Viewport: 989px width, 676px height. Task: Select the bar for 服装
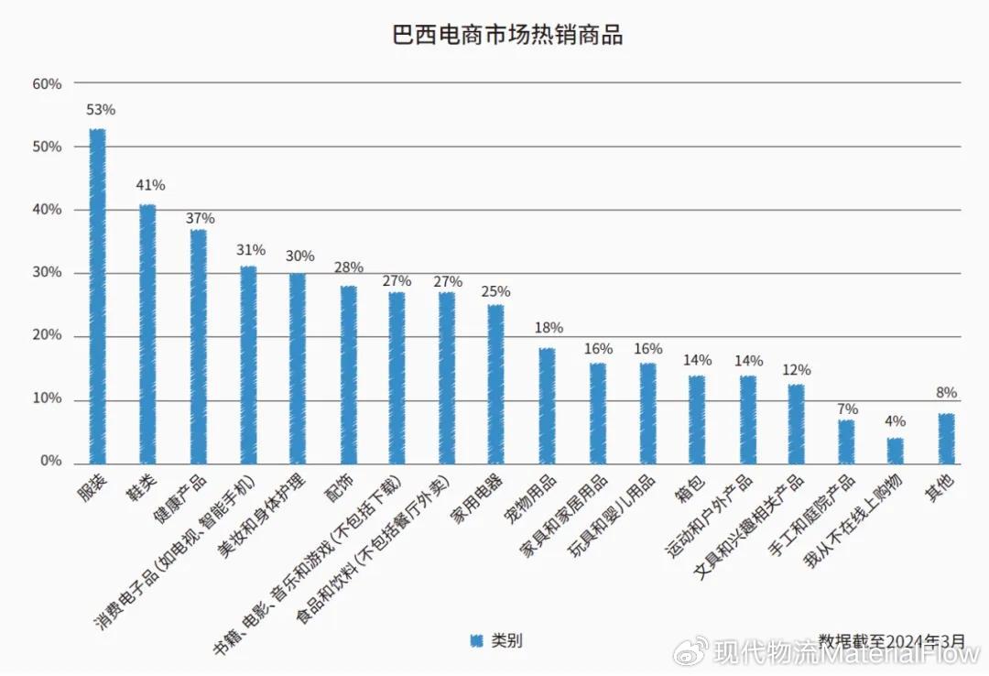pyautogui.click(x=97, y=295)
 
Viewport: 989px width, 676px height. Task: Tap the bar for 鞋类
pyautogui.click(x=147, y=333)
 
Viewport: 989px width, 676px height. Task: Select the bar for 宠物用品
pyautogui.click(x=547, y=405)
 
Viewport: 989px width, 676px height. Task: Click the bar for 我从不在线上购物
pyautogui.click(x=895, y=450)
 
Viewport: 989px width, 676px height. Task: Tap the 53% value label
pyautogui.click(x=100, y=110)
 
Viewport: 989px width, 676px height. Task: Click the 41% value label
pyautogui.click(x=150, y=185)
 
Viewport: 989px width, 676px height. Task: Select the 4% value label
pyautogui.click(x=895, y=421)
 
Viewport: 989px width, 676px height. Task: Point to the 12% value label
pyautogui.click(x=796, y=370)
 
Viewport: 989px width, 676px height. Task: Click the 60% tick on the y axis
pyautogui.click(x=47, y=84)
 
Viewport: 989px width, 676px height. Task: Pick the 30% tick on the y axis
pyautogui.click(x=47, y=273)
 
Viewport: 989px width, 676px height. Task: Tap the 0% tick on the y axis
pyautogui.click(x=50, y=462)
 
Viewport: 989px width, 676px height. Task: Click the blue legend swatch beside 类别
pyautogui.click(x=475, y=640)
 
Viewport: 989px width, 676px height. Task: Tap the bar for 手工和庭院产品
pyautogui.click(x=846, y=441)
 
